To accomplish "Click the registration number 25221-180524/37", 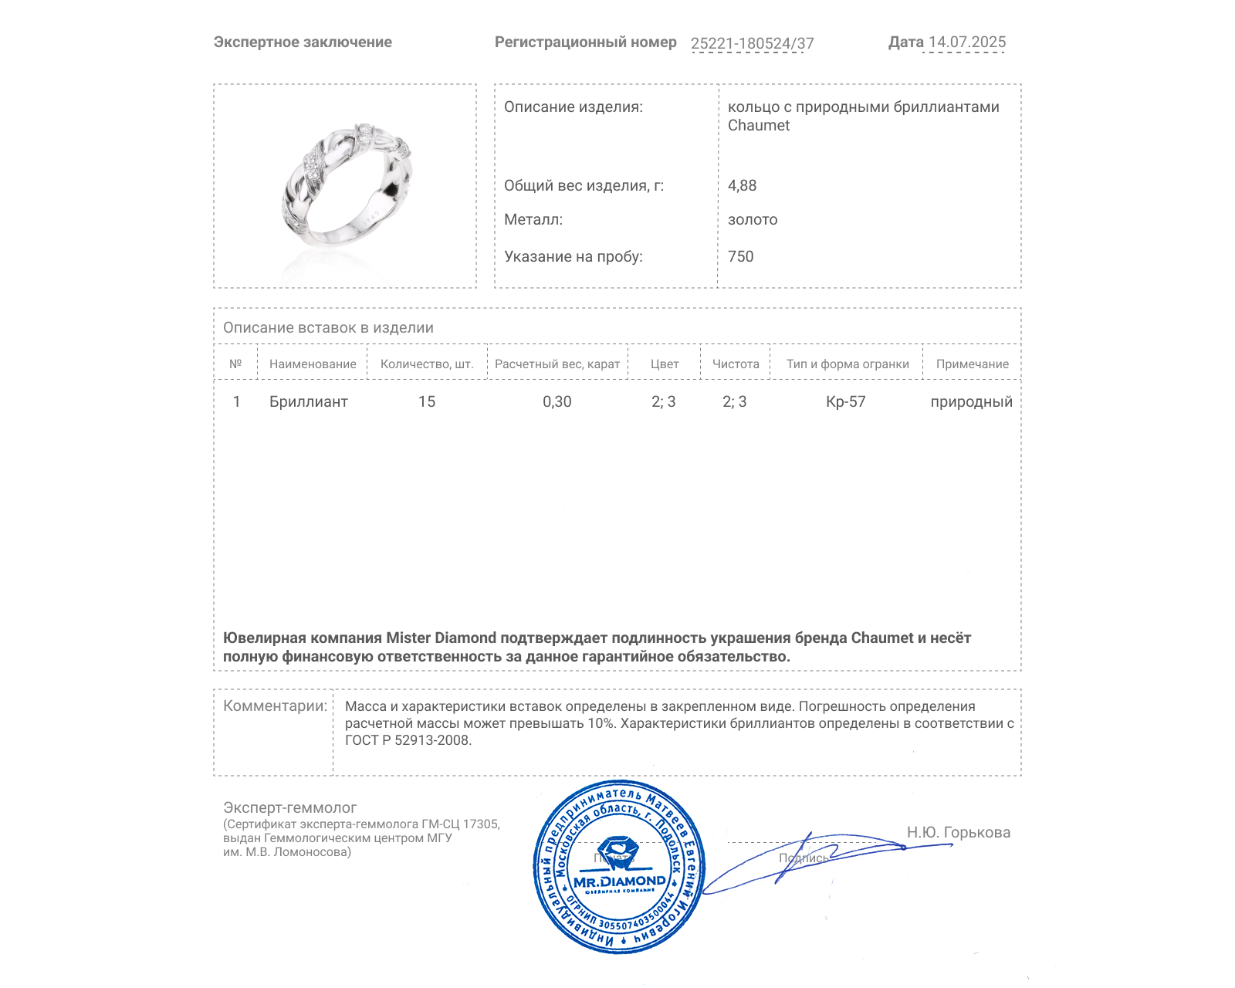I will (752, 43).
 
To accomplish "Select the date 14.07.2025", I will (967, 42).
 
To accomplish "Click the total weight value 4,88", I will (742, 185).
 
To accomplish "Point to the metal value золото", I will (753, 219).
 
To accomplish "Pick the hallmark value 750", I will (740, 256).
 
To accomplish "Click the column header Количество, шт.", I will (427, 364).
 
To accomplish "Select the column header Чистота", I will (736, 364).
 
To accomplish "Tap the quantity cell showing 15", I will (427, 401).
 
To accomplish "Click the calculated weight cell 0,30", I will (557, 401).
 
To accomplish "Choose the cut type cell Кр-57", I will (845, 401).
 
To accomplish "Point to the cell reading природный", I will (971, 401).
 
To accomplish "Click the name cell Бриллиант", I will (308, 401).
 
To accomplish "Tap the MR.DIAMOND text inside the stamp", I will (619, 881).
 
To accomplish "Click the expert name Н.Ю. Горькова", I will (958, 832).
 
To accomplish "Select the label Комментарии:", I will (275, 705).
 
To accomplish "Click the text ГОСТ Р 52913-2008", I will (408, 740).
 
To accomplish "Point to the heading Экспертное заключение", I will (303, 42).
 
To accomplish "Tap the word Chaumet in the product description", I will (759, 125).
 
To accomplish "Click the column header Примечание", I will (972, 364).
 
